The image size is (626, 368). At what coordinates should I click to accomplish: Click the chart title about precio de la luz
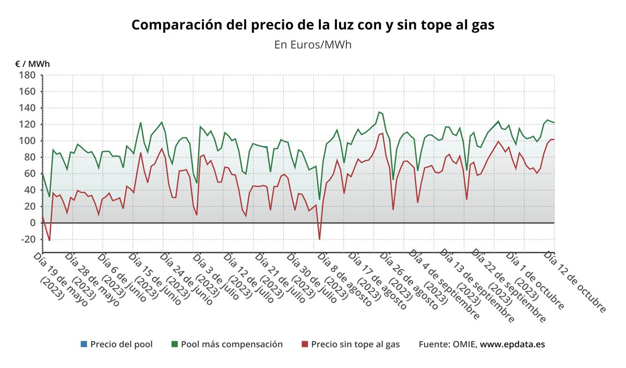coord(312,25)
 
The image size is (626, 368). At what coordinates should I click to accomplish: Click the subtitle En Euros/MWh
coord(312,44)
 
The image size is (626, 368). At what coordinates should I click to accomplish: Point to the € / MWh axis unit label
coord(32,64)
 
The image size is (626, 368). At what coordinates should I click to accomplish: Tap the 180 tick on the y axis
coord(27,75)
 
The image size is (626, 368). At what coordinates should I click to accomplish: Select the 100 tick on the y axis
coord(27,141)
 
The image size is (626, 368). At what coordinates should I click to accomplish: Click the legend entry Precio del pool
coord(121,344)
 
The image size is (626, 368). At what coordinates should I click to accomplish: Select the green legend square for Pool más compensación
coord(175,344)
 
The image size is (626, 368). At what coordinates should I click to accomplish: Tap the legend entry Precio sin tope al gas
coord(355,344)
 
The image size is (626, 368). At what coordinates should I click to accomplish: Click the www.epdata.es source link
coord(513,344)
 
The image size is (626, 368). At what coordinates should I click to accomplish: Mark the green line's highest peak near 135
coord(379,112)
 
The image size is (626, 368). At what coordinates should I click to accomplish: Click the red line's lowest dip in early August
coord(319,239)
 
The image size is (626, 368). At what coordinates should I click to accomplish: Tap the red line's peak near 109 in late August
coord(382,133)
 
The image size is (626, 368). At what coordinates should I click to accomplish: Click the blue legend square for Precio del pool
coord(83,344)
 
